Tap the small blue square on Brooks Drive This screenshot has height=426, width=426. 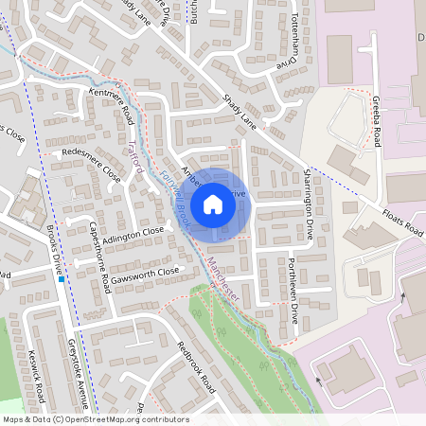[62, 279]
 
